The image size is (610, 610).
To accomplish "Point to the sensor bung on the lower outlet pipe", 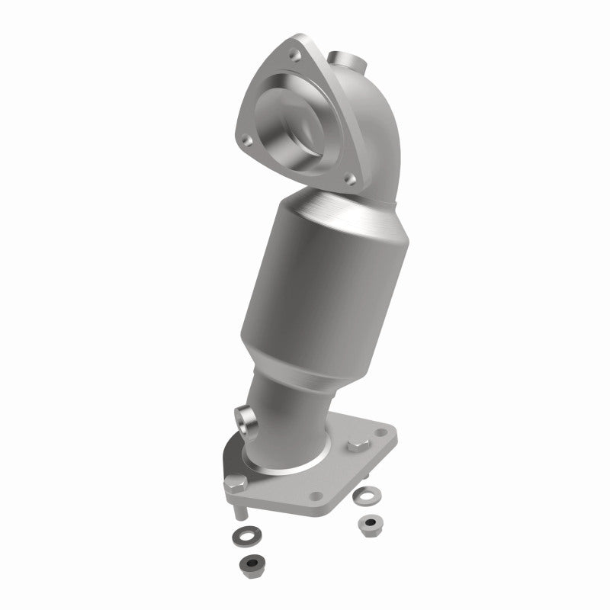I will tap(245, 418).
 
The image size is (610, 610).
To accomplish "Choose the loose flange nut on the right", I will tap(371, 524).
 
